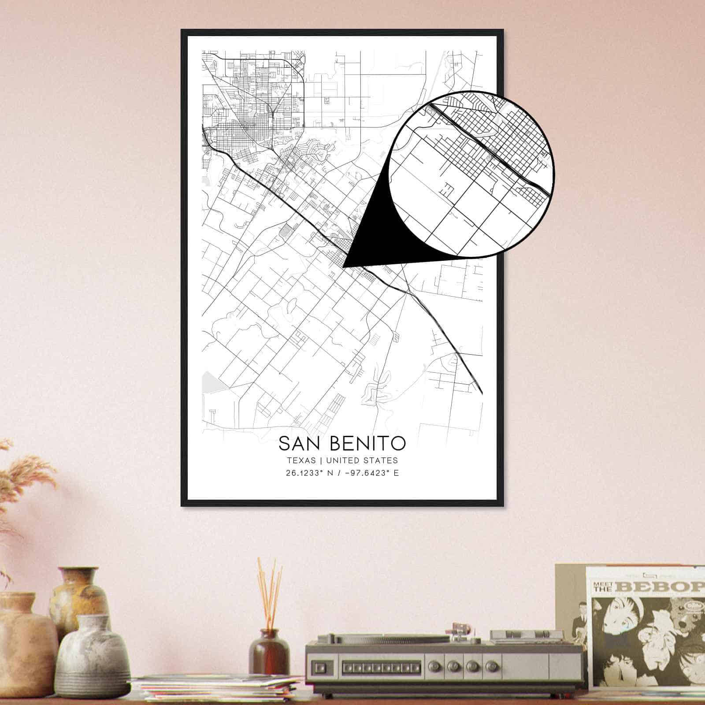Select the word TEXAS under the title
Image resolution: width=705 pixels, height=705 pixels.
pyautogui.click(x=301, y=460)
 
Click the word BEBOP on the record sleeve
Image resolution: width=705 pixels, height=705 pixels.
pyautogui.click(x=661, y=587)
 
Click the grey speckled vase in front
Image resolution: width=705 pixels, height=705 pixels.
pyautogui.click(x=93, y=657)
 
